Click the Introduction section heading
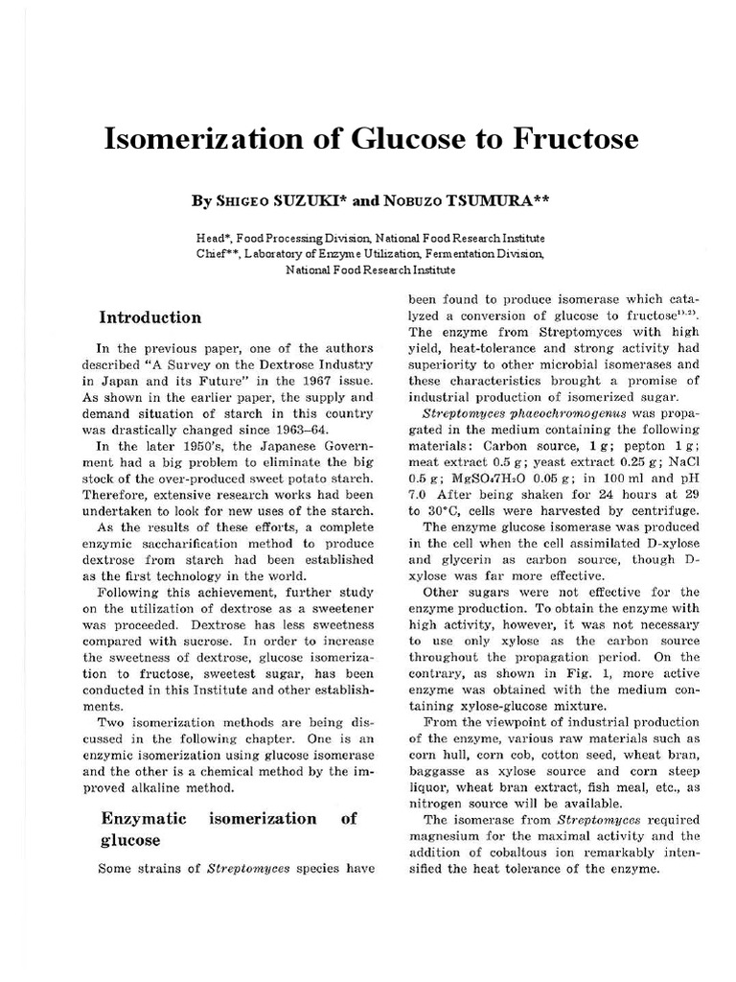pos(151,317)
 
